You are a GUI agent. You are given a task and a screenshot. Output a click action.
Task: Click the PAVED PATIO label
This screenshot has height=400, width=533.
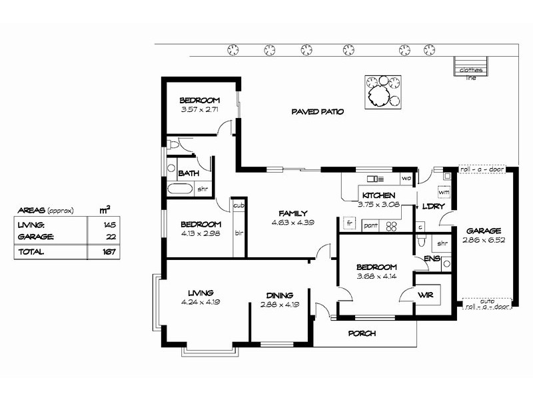(317, 112)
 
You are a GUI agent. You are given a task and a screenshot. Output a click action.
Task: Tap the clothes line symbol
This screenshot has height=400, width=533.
(472, 67)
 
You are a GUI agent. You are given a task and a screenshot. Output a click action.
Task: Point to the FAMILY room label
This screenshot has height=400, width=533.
(292, 213)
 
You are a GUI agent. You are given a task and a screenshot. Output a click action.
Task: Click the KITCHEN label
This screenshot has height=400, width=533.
(378, 195)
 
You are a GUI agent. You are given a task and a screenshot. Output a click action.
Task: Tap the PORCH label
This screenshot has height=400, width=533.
(362, 333)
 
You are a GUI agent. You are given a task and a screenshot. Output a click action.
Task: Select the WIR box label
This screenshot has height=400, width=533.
(426, 294)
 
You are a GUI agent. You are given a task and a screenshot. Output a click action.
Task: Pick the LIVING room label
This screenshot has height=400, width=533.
(200, 293)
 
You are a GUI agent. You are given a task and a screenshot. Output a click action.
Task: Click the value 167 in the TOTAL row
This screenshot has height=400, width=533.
(109, 252)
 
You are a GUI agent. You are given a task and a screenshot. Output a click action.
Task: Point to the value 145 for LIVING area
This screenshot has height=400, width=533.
(109, 225)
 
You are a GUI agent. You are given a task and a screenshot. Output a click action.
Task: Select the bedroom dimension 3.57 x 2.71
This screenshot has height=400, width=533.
(200, 109)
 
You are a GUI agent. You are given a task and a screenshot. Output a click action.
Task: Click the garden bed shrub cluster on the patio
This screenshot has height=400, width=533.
(383, 92)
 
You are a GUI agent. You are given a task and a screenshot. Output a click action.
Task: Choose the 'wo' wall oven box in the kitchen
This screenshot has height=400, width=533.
(406, 179)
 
